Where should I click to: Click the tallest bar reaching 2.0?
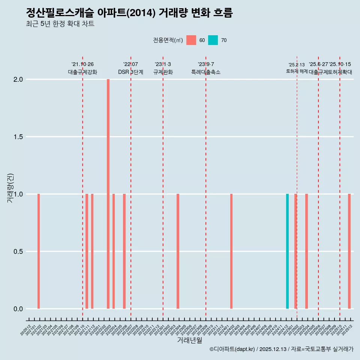[x=108, y=193]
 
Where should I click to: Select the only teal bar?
[x=287, y=251]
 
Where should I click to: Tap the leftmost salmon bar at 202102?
[x=39, y=251]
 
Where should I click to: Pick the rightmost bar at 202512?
[x=349, y=251]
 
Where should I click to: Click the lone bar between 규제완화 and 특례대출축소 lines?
[x=178, y=251]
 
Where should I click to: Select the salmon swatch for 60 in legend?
[x=191, y=40]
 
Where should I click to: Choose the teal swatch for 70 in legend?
[x=213, y=40]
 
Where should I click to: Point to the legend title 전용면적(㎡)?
[x=168, y=40]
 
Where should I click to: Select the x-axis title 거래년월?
[x=189, y=340]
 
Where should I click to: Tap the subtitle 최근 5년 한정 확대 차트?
[x=60, y=24]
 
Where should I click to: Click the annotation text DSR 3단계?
[x=130, y=72]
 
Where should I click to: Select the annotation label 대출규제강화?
[x=82, y=72]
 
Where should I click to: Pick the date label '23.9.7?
[x=206, y=64]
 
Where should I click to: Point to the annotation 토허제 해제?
[x=297, y=71]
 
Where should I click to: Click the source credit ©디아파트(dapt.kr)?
[x=232, y=349]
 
